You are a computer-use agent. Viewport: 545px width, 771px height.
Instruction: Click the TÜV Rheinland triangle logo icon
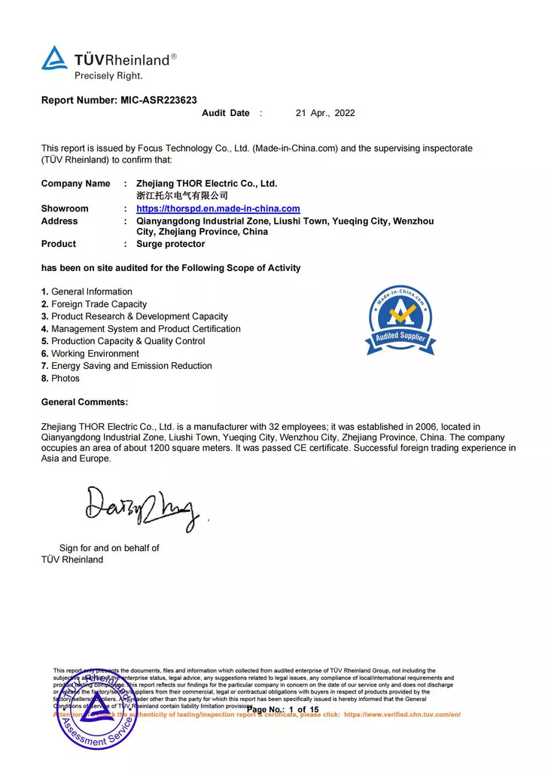click(54, 58)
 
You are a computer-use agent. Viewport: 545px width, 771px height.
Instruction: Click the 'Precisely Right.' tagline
click(108, 75)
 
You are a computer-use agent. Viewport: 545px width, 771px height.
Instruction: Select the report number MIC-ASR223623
click(159, 99)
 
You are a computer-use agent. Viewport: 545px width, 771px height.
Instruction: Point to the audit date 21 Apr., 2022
click(324, 113)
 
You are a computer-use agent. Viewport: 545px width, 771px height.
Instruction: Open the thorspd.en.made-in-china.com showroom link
click(218, 209)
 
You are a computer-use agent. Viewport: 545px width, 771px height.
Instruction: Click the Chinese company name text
click(181, 196)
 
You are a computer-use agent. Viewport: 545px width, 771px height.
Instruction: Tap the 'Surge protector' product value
click(170, 244)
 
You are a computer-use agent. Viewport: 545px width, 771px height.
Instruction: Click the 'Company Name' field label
click(75, 184)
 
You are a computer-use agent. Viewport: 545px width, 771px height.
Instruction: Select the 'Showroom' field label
click(65, 209)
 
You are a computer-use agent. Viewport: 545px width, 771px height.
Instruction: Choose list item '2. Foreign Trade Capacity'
click(94, 304)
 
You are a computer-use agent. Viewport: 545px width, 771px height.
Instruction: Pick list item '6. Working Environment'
click(90, 353)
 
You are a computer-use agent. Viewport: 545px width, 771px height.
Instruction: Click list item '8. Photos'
click(60, 378)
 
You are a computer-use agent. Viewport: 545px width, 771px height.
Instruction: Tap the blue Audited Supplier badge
click(401, 319)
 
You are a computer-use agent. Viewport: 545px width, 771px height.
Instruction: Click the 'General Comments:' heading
click(84, 402)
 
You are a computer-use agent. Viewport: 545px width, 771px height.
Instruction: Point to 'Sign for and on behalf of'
click(109, 548)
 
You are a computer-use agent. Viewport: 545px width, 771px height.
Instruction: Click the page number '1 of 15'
click(303, 710)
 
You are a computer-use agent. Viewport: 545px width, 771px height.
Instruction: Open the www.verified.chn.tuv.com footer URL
click(402, 714)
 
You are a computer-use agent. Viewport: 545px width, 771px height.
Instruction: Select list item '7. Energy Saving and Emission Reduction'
click(126, 366)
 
